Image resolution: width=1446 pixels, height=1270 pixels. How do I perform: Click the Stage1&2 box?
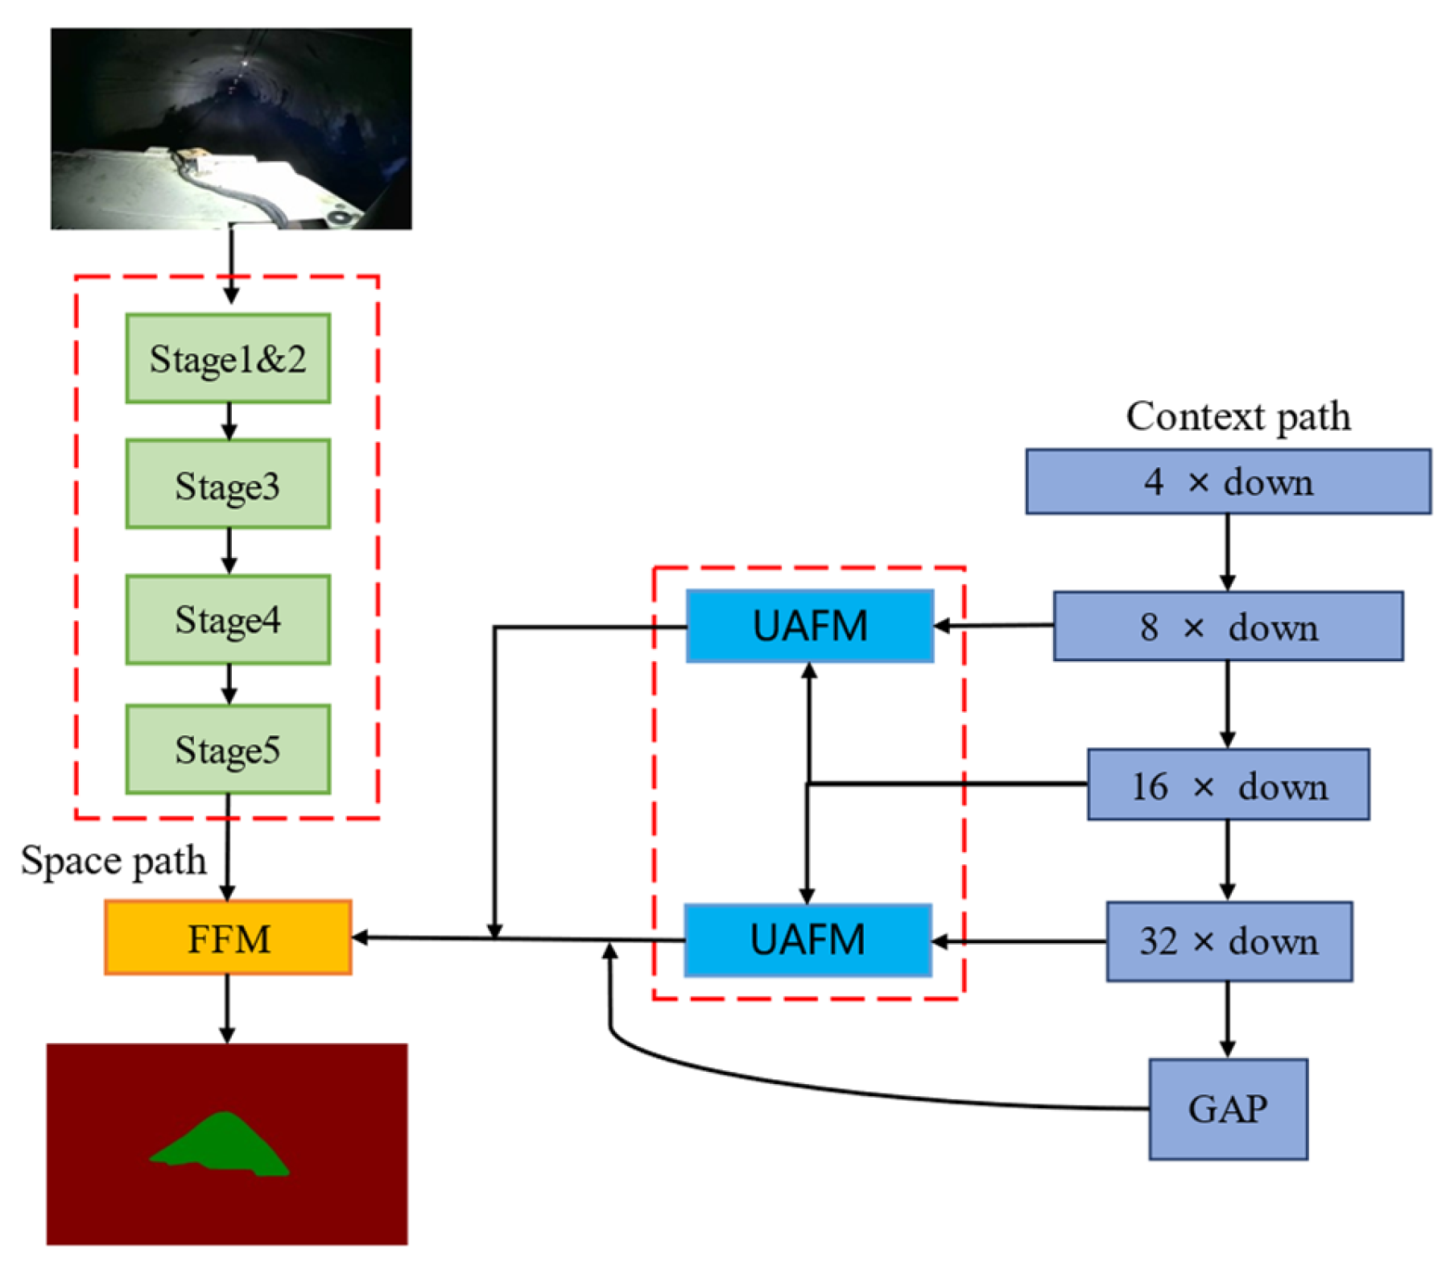coord(228,358)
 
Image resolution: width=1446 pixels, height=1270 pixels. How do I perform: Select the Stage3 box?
coord(228,485)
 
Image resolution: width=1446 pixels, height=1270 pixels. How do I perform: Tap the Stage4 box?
coord(228,619)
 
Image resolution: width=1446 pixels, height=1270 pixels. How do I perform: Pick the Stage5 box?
coord(228,749)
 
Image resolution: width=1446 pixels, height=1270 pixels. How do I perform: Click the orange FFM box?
coord(228,937)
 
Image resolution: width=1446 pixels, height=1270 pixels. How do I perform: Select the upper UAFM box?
coord(809,626)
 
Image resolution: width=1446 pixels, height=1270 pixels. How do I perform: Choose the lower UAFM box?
coord(808,940)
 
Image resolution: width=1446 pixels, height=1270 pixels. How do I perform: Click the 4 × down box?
coord(1227,482)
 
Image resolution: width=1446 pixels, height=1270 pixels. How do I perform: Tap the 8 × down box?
coord(1227,627)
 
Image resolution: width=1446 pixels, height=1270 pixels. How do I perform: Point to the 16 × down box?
coord(1227,784)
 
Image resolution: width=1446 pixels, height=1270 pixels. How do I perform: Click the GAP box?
coord(1227,1108)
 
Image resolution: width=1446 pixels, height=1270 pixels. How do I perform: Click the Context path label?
coord(1237,416)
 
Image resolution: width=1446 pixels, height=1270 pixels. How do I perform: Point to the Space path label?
coord(113,860)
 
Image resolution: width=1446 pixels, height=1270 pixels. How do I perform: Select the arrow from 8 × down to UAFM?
coord(994,626)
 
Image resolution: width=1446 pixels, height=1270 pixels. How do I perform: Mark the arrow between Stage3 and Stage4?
coord(229,551)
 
